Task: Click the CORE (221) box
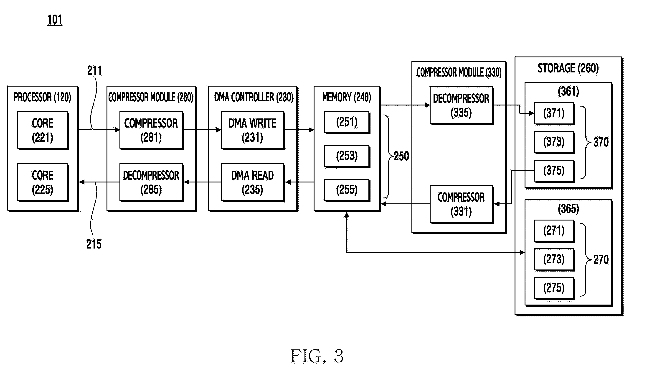(43, 130)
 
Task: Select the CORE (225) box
(43, 182)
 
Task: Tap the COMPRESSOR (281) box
(151, 130)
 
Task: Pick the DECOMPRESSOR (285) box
(151, 182)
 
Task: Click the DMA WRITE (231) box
(253, 130)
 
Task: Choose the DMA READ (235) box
(253, 182)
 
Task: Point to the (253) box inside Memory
(347, 156)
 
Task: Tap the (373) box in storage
(554, 142)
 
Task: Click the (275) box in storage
(554, 288)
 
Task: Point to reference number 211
(94, 71)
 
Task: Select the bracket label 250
(401, 156)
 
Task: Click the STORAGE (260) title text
(568, 68)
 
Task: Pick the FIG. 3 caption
(317, 356)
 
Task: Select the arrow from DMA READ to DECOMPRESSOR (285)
(202, 182)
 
